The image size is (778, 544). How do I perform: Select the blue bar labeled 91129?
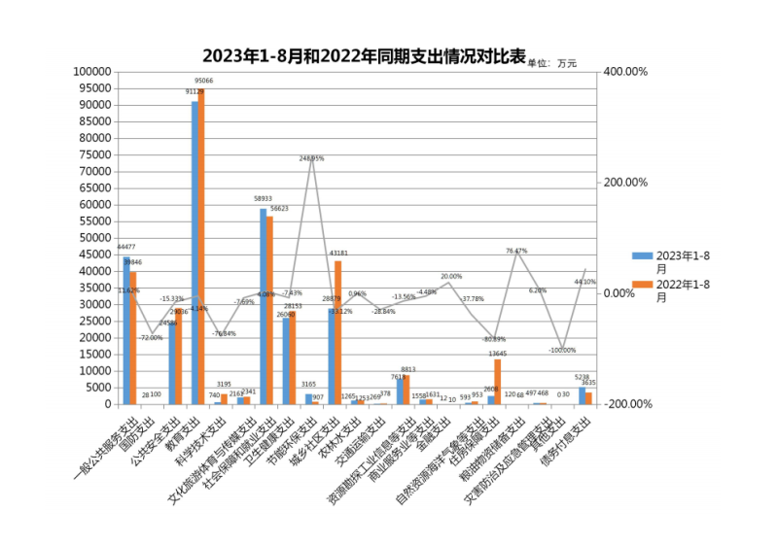(194, 253)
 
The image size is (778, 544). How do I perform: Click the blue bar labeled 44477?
(126, 330)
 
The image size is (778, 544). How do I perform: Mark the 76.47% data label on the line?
(516, 251)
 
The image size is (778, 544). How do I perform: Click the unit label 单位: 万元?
(552, 63)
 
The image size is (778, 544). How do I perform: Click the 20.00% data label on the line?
(451, 277)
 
